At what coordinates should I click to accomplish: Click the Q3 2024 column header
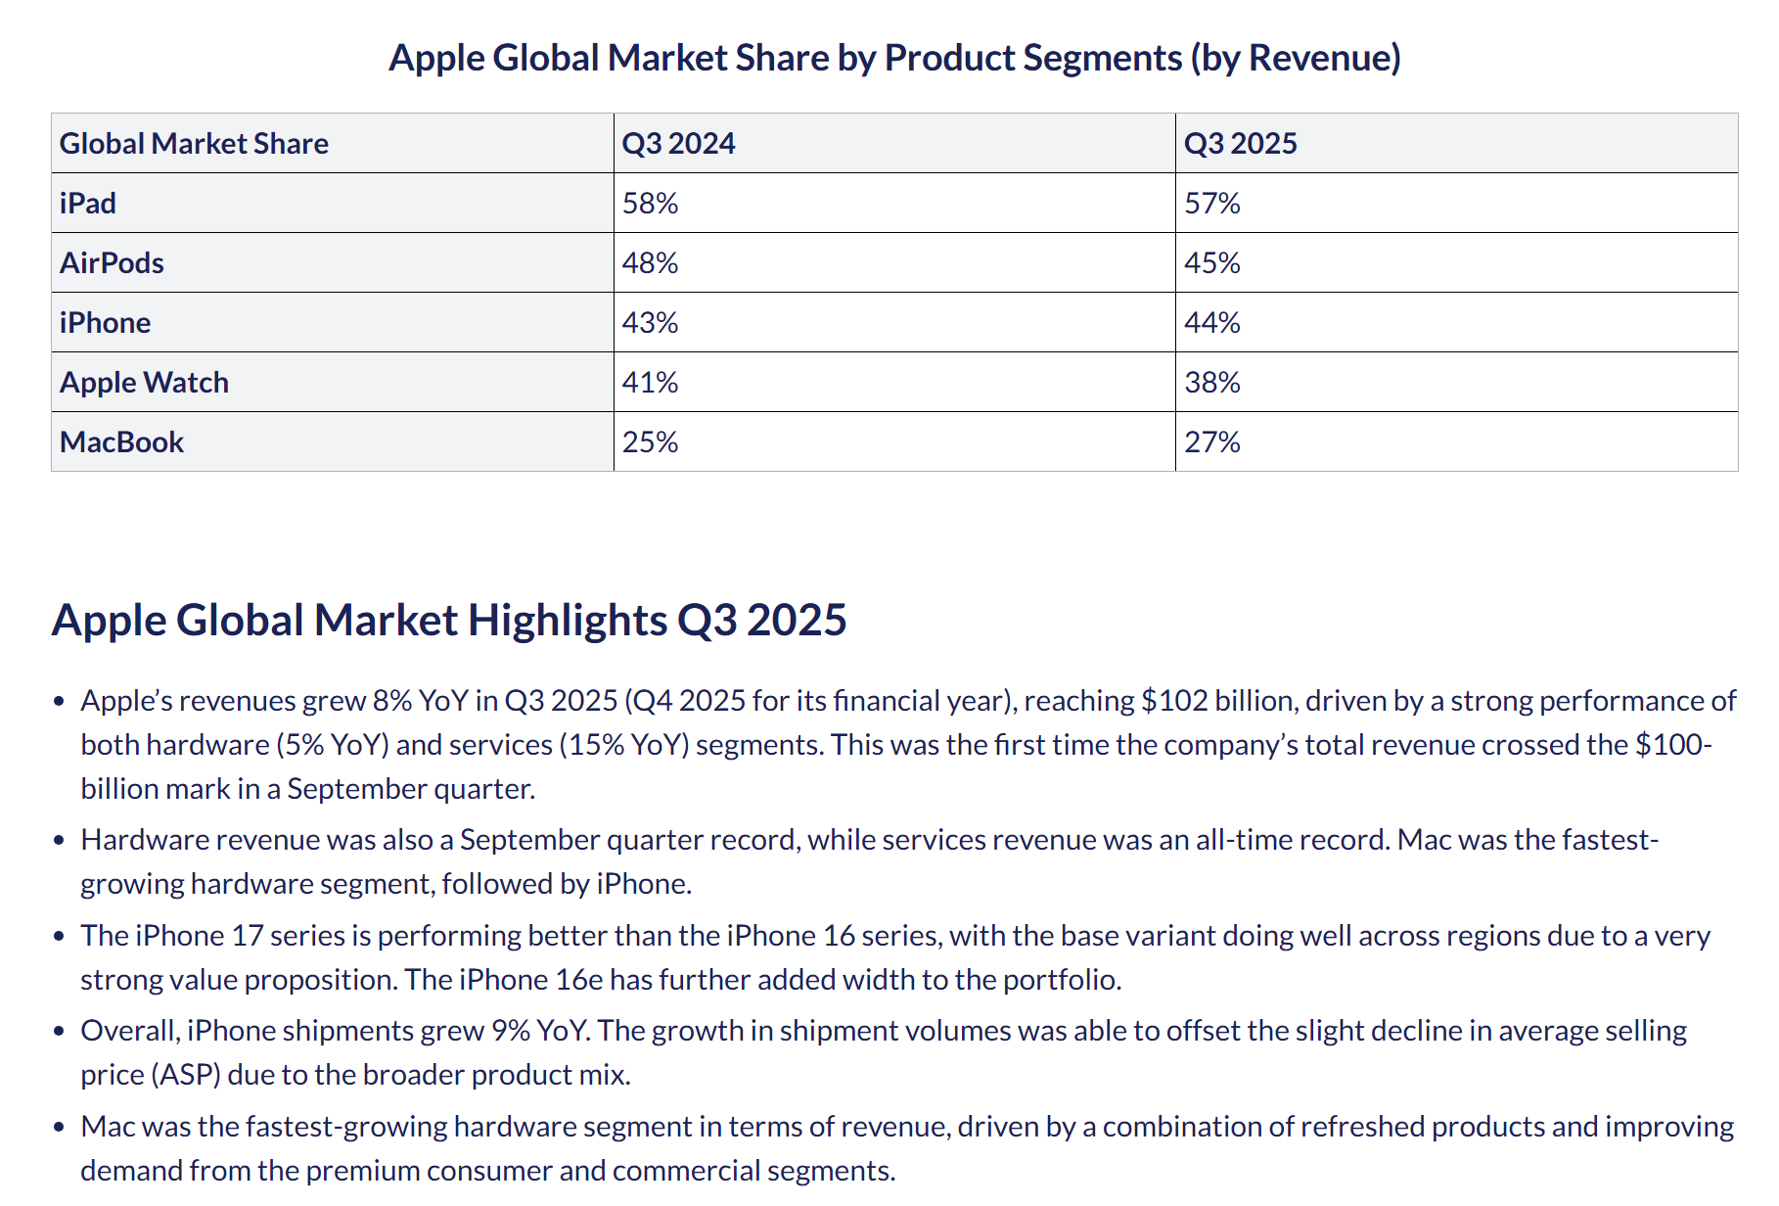click(x=678, y=144)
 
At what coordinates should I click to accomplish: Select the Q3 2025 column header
click(x=1240, y=144)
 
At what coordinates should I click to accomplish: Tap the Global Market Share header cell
click(x=194, y=144)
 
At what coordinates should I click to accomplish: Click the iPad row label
click(x=88, y=204)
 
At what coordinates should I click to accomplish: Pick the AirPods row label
click(x=112, y=263)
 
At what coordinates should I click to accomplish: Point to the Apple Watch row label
click(x=144, y=383)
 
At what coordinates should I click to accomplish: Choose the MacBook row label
click(x=121, y=442)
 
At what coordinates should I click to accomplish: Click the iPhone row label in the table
click(x=105, y=323)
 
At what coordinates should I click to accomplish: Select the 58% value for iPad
click(x=650, y=204)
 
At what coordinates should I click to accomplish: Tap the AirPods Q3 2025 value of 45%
click(x=1211, y=263)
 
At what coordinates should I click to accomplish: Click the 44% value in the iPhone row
click(x=1211, y=323)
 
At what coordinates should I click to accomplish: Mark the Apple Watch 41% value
click(x=650, y=383)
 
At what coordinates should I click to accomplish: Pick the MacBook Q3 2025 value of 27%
click(x=1211, y=442)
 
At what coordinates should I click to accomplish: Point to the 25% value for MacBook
click(x=650, y=442)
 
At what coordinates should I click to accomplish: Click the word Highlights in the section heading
click(x=568, y=621)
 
